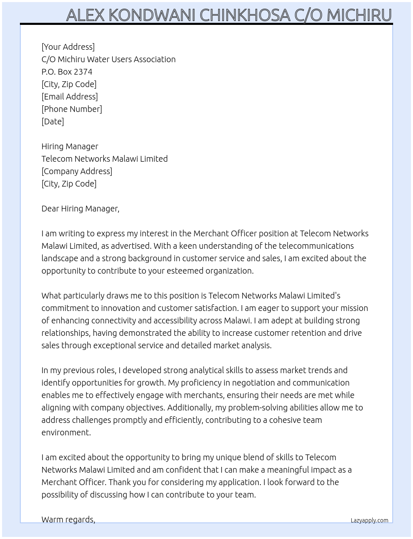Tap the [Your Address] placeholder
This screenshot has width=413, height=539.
pos(68,47)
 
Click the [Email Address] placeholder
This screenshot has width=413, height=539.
pos(70,97)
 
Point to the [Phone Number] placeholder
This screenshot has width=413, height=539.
pos(72,109)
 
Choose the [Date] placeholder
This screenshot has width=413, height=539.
pos(53,121)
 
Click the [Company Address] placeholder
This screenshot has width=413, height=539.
pos(77,171)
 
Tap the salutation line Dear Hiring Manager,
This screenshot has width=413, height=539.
pos(80,209)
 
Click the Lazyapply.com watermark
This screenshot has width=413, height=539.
pos(369,520)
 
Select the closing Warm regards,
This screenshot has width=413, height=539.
pos(68,520)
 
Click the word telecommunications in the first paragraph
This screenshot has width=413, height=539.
pos(316,246)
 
